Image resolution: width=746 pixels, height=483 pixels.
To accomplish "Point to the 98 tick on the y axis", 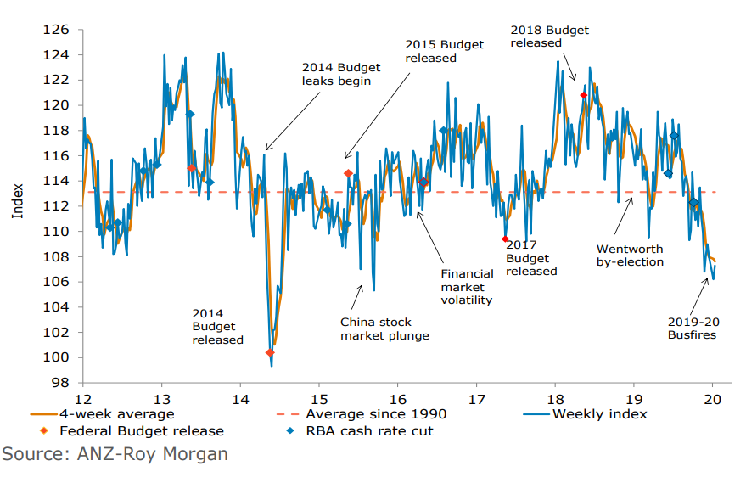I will pyautogui.click(x=59, y=383).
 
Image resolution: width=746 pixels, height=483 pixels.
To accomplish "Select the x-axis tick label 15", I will pyautogui.click(x=318, y=399).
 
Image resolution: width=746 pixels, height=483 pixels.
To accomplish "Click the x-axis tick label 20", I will pyautogui.click(x=712, y=399).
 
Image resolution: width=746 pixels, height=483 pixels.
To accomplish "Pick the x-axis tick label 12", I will pyautogui.click(x=82, y=399).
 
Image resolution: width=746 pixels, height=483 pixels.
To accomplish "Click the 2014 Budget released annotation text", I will pyautogui.click(x=217, y=327).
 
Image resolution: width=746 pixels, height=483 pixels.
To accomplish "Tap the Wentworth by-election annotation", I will pyautogui.click(x=630, y=256).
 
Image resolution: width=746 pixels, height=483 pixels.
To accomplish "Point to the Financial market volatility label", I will pyautogui.click(x=467, y=287).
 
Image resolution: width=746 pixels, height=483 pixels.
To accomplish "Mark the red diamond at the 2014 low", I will pyautogui.click(x=270, y=352).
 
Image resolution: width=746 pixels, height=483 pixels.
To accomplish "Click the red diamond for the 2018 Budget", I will pyautogui.click(x=583, y=95).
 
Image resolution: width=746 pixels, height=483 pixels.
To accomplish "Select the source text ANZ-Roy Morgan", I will pyautogui.click(x=115, y=454).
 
